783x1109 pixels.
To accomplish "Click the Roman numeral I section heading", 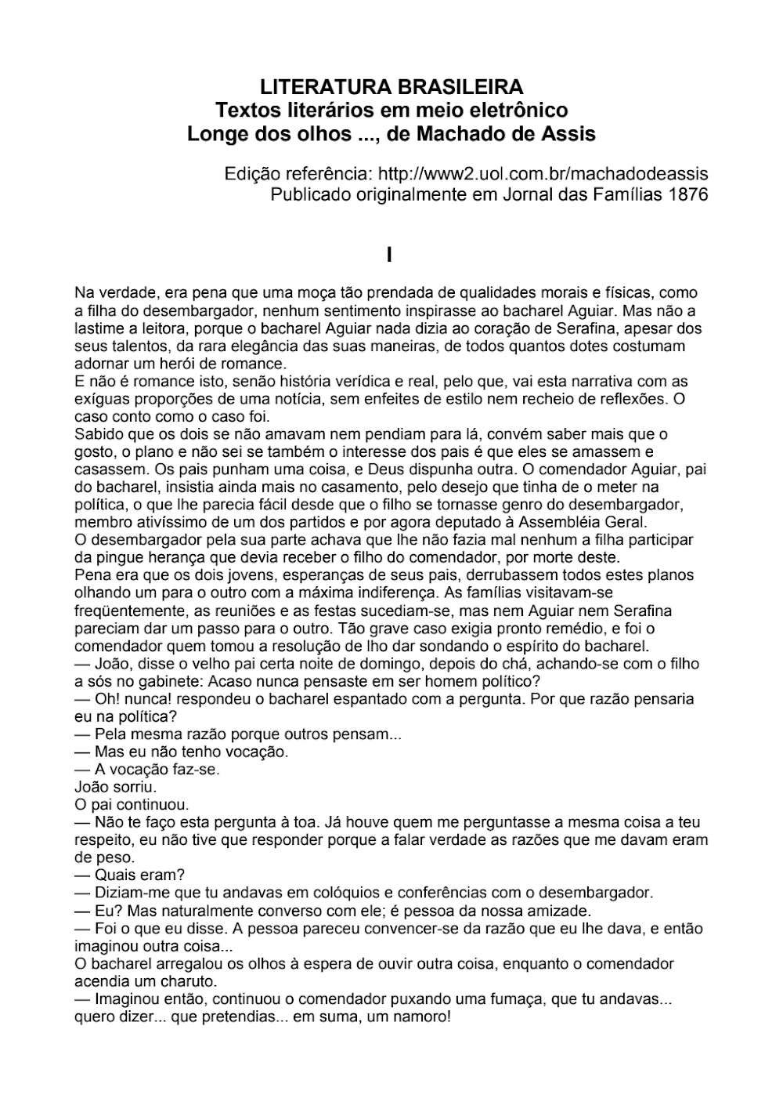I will point(389,255).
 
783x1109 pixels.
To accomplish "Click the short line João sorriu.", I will point(116,786).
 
